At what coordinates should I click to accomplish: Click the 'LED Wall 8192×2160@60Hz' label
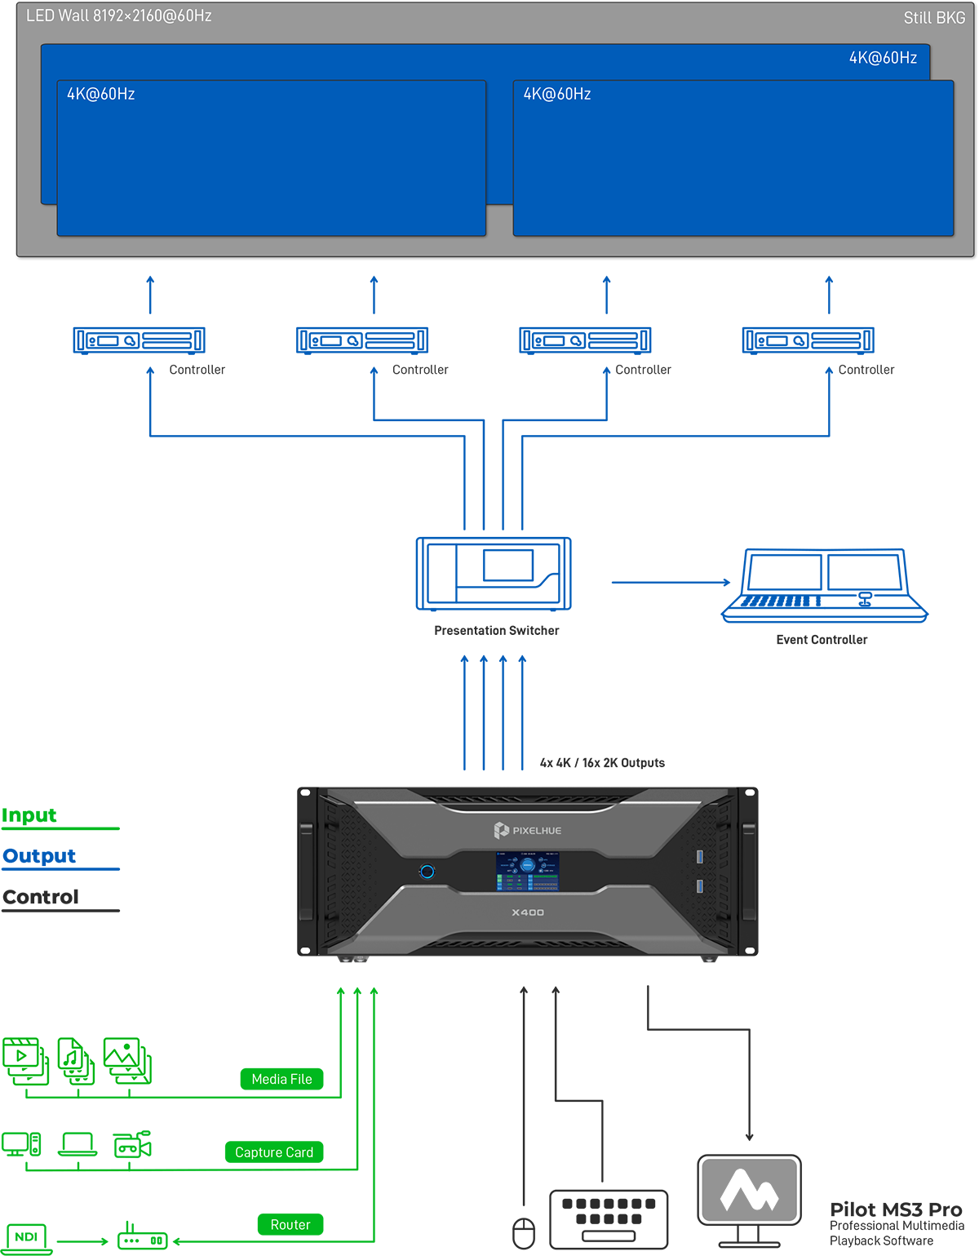119,16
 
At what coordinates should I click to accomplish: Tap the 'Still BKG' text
934,18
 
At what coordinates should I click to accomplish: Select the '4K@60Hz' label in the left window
101,95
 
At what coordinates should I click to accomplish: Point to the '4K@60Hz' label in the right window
557,95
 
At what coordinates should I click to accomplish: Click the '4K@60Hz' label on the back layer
883,58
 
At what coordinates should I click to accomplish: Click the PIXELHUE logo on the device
528,830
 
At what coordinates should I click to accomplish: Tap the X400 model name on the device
528,912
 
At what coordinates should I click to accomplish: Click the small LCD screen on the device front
528,871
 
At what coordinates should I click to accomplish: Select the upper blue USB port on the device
699,856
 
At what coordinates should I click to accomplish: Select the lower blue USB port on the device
699,886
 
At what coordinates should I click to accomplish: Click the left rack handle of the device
307,871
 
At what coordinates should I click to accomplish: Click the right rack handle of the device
748,871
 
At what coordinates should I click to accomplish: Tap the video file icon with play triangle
24,1059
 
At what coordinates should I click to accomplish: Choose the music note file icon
75,1060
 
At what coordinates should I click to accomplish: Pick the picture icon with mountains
126,1059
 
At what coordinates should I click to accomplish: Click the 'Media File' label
281,1079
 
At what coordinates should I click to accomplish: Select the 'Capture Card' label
274,1152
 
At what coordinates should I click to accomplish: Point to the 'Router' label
290,1224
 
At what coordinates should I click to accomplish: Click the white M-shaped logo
749,1191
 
